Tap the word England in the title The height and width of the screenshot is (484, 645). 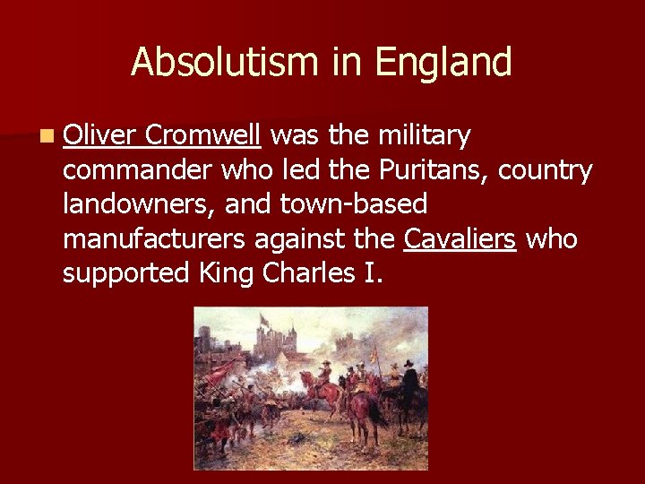(443, 63)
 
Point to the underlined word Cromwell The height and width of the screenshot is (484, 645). (202, 135)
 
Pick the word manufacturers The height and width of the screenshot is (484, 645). (152, 239)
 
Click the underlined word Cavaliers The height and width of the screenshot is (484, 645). (460, 239)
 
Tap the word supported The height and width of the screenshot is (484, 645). (122, 273)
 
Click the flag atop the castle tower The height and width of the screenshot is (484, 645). (264, 320)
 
